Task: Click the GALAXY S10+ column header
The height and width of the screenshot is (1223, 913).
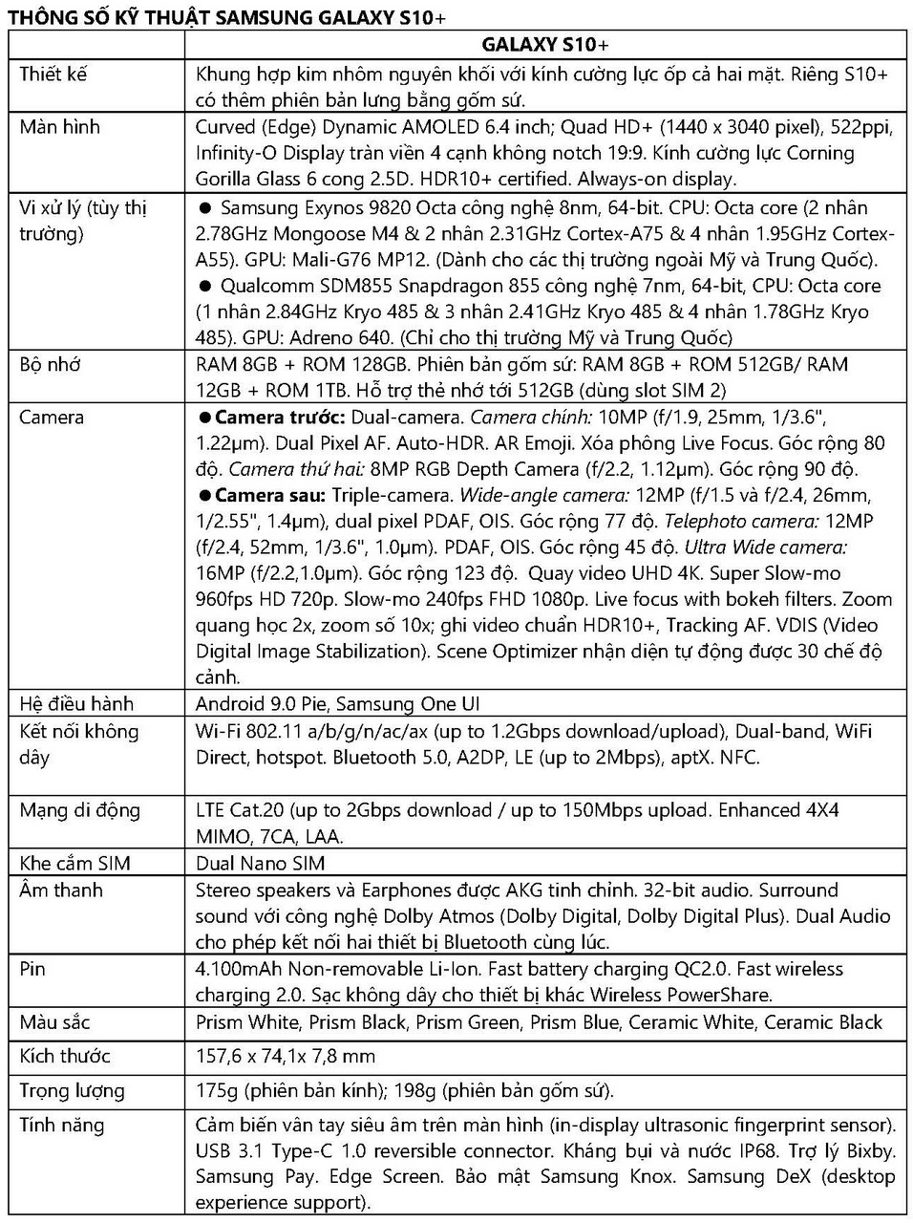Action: point(545,45)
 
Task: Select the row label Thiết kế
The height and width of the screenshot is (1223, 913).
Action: point(53,74)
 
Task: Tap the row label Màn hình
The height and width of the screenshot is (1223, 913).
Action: point(59,127)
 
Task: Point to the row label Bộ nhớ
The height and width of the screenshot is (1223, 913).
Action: point(50,364)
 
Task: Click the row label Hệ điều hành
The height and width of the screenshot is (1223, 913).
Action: point(76,704)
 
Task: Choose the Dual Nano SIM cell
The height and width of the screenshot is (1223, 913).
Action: point(260,863)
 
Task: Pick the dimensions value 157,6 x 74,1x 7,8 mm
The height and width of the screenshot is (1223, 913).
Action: point(286,1056)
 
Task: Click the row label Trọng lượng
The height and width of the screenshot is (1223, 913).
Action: point(72,1090)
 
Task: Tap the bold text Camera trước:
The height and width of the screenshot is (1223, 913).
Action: point(280,418)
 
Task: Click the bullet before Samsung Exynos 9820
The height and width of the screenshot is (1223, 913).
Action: point(203,208)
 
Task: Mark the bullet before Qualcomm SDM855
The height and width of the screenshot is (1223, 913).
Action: point(203,286)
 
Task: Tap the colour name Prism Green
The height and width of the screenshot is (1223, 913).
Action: point(468,1022)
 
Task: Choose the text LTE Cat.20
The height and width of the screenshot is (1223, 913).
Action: point(240,810)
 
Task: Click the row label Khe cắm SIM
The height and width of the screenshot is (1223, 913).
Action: point(74,863)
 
